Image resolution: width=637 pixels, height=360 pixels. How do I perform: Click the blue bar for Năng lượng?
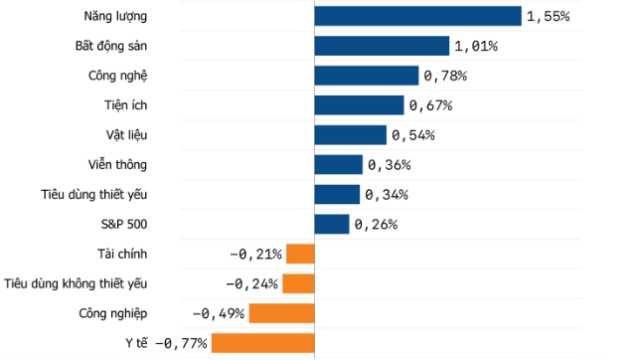pos(417,16)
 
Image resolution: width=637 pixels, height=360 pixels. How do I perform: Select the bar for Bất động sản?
pos(382,46)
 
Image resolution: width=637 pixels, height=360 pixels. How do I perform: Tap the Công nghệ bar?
pos(367,76)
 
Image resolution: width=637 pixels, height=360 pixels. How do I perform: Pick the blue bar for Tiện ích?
pos(359,105)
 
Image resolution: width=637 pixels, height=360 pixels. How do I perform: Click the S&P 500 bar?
pos(332,224)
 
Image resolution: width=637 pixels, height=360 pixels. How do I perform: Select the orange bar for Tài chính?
pos(300,254)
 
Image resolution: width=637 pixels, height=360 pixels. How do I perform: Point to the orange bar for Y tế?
pos(262,343)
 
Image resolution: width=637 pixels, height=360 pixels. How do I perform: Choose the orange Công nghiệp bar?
pos(281,313)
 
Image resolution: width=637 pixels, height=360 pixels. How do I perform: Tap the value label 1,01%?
pos(476,47)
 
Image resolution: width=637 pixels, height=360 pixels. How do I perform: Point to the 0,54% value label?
pos(413,135)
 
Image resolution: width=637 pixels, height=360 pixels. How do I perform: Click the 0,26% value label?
pos(376,225)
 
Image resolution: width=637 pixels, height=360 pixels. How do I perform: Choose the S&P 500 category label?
pos(124,225)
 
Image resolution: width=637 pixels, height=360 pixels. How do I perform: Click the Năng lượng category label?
pos(117,17)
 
